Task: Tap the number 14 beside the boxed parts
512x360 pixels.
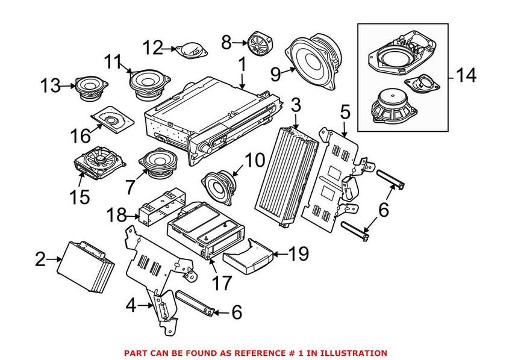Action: click(x=465, y=76)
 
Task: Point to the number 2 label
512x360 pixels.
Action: click(x=40, y=259)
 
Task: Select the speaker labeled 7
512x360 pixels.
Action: click(x=157, y=164)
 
